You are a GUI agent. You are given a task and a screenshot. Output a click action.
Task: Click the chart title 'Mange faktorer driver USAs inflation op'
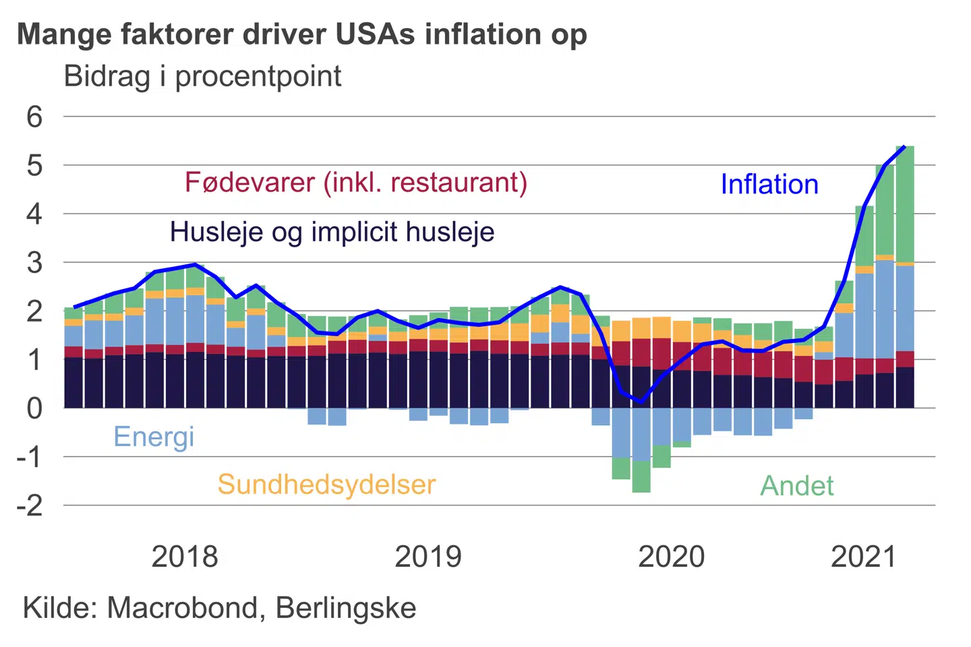(x=302, y=35)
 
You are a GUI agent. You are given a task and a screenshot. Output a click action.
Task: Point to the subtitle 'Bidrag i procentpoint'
(x=202, y=76)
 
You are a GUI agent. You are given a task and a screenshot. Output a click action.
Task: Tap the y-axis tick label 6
(x=34, y=117)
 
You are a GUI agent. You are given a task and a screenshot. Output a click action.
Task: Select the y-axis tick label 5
(x=34, y=166)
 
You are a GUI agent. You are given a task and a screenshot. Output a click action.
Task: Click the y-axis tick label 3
(x=34, y=263)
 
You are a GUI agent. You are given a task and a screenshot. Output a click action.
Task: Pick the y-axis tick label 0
(x=34, y=408)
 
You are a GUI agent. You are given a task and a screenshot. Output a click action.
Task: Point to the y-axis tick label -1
(x=30, y=458)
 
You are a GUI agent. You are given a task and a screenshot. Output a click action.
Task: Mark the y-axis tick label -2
(x=30, y=505)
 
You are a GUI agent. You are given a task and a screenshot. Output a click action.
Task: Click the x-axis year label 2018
(x=185, y=557)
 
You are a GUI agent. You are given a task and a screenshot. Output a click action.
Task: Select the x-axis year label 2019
(x=428, y=557)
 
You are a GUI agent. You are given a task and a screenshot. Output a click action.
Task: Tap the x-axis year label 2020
(x=672, y=557)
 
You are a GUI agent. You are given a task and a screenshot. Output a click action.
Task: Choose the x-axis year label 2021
(x=864, y=557)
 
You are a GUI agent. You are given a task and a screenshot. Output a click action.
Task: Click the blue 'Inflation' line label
(x=769, y=185)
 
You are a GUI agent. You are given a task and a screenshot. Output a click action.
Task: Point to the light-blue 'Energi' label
(x=154, y=437)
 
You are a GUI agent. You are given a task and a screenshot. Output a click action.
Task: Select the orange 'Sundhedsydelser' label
(x=326, y=485)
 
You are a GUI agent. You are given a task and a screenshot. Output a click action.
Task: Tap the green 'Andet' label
(x=797, y=486)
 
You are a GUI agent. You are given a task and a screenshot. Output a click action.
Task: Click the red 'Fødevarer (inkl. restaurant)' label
(x=356, y=183)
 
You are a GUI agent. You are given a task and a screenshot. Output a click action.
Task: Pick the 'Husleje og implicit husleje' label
(x=332, y=232)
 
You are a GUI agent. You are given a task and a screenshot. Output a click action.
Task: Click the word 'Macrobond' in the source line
(x=183, y=608)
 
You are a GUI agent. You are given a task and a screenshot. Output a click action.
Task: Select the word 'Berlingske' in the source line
(x=346, y=608)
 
